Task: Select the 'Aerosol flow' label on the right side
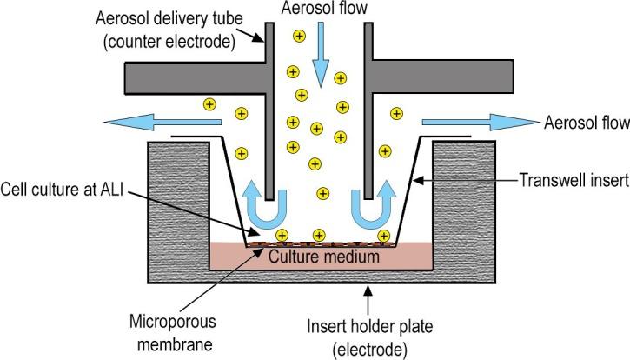[584, 123]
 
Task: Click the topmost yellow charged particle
[299, 36]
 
